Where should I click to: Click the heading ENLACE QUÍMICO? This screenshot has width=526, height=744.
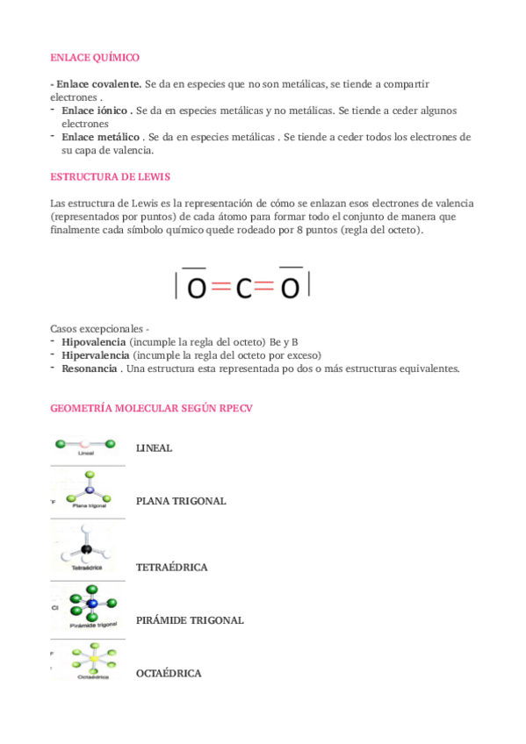point(95,57)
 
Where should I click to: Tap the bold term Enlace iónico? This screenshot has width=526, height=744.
point(97,111)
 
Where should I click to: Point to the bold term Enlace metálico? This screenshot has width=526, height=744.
point(101,137)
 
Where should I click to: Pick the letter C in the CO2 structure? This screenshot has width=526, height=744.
point(244,288)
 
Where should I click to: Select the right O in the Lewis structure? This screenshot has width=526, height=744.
point(290,288)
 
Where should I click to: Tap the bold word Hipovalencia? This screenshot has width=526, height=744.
point(94,341)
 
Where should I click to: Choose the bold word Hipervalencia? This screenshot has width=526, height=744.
point(96,355)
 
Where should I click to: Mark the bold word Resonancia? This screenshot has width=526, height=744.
point(90,368)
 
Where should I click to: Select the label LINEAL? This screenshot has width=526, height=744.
point(154,448)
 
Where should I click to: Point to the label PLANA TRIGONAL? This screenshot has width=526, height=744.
point(181,501)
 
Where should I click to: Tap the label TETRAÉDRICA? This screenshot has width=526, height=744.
point(171,568)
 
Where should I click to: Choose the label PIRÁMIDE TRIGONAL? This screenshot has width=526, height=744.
point(190,620)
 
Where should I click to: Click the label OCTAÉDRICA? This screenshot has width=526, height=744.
point(169,673)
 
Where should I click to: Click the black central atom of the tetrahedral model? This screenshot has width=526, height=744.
point(86,550)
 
